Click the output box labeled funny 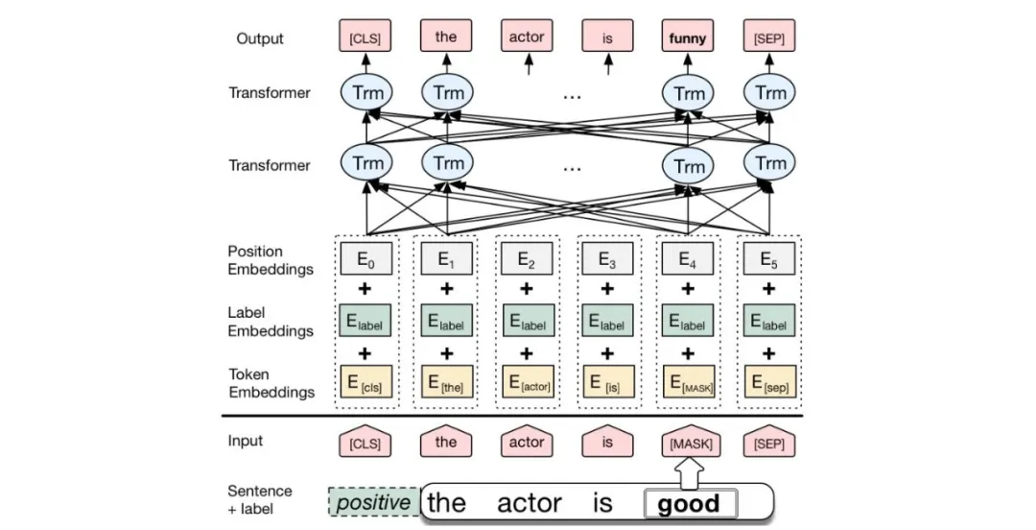687,36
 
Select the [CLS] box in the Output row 365,36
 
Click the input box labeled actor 527,442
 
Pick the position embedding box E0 365,258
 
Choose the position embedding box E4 688,258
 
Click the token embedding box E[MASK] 689,382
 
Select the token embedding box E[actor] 528,382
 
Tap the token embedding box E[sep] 769,382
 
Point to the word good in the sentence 689,504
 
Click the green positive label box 374,502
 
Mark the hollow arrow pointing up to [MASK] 689,473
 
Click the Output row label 260,38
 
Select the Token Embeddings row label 271,383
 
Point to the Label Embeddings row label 271,322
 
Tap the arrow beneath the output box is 608,65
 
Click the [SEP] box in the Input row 769,442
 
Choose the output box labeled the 446,36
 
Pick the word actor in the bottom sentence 530,503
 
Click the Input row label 246,441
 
